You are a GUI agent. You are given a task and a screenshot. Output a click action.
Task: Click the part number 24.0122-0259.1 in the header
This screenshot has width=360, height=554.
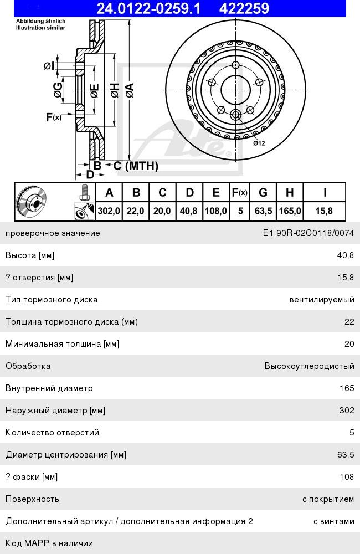click(x=148, y=8)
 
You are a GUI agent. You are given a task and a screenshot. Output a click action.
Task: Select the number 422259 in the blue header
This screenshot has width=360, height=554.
click(x=244, y=8)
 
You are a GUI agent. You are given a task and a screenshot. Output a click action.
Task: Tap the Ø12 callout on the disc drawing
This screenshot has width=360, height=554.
click(x=259, y=143)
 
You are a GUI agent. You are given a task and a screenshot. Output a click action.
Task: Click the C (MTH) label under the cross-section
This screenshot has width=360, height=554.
click(x=136, y=166)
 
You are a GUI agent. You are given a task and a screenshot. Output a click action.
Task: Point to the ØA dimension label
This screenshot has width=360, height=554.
click(x=130, y=90)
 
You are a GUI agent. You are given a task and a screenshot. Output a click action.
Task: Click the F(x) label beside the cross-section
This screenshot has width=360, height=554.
click(x=54, y=117)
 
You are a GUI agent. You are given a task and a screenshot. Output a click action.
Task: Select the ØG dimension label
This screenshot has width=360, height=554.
click(x=57, y=90)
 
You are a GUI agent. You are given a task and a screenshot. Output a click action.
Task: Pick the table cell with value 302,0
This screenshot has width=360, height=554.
click(x=109, y=211)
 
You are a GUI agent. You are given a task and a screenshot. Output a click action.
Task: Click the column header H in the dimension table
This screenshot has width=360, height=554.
click(x=290, y=192)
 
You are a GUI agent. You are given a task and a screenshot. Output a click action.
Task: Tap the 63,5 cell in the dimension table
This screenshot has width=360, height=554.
click(x=263, y=211)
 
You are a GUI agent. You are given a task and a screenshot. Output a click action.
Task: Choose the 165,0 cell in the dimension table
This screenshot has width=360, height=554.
click(x=290, y=211)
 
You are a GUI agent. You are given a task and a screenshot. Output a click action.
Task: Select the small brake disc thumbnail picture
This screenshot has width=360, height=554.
click(x=32, y=202)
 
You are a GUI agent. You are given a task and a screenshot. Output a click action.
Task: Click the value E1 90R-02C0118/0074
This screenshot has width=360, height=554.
click(x=308, y=233)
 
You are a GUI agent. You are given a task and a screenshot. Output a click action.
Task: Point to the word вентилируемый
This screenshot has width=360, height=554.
click(x=321, y=299)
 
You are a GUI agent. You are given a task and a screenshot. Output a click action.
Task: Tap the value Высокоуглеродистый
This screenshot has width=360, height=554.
click(x=309, y=366)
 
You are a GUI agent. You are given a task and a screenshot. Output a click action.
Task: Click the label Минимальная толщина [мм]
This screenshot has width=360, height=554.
click(x=63, y=343)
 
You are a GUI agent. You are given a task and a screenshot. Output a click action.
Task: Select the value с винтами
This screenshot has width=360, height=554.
click(x=333, y=521)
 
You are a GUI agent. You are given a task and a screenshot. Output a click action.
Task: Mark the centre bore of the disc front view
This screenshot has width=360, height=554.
click(x=235, y=89)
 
